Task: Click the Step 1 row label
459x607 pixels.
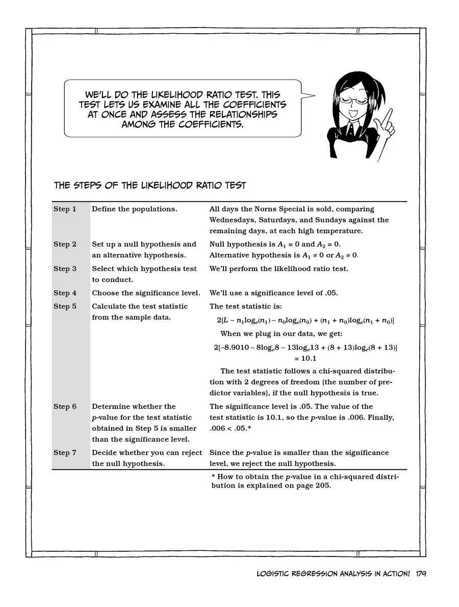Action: [65, 209]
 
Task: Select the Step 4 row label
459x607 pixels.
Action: [65, 293]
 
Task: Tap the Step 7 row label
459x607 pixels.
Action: [65, 453]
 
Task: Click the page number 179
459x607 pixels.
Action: [421, 574]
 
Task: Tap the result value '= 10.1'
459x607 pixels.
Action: [305, 358]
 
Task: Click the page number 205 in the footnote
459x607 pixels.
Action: [322, 485]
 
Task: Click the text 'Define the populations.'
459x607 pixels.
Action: [135, 209]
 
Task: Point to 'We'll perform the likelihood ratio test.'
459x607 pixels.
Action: [278, 269]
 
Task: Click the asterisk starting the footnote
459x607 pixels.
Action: [213, 476]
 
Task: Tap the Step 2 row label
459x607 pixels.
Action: [65, 244]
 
